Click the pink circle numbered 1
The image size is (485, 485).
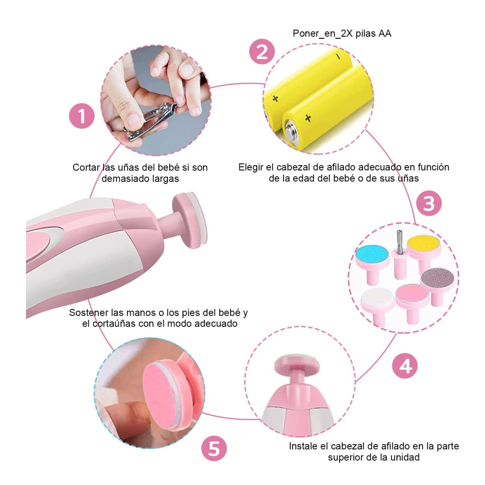[x=82, y=116]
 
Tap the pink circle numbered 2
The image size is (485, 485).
[x=262, y=52]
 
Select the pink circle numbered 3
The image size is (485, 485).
[x=429, y=203]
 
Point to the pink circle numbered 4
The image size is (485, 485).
[x=405, y=366]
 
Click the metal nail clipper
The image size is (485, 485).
[x=148, y=120]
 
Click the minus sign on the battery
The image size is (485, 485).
[x=338, y=56]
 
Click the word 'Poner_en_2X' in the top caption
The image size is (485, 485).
[x=323, y=34]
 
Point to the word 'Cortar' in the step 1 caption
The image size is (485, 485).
[x=86, y=167]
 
